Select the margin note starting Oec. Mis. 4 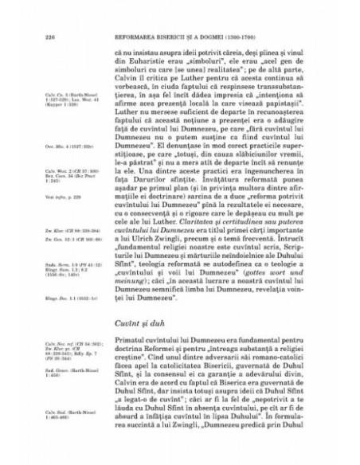(x=61, y=146)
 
